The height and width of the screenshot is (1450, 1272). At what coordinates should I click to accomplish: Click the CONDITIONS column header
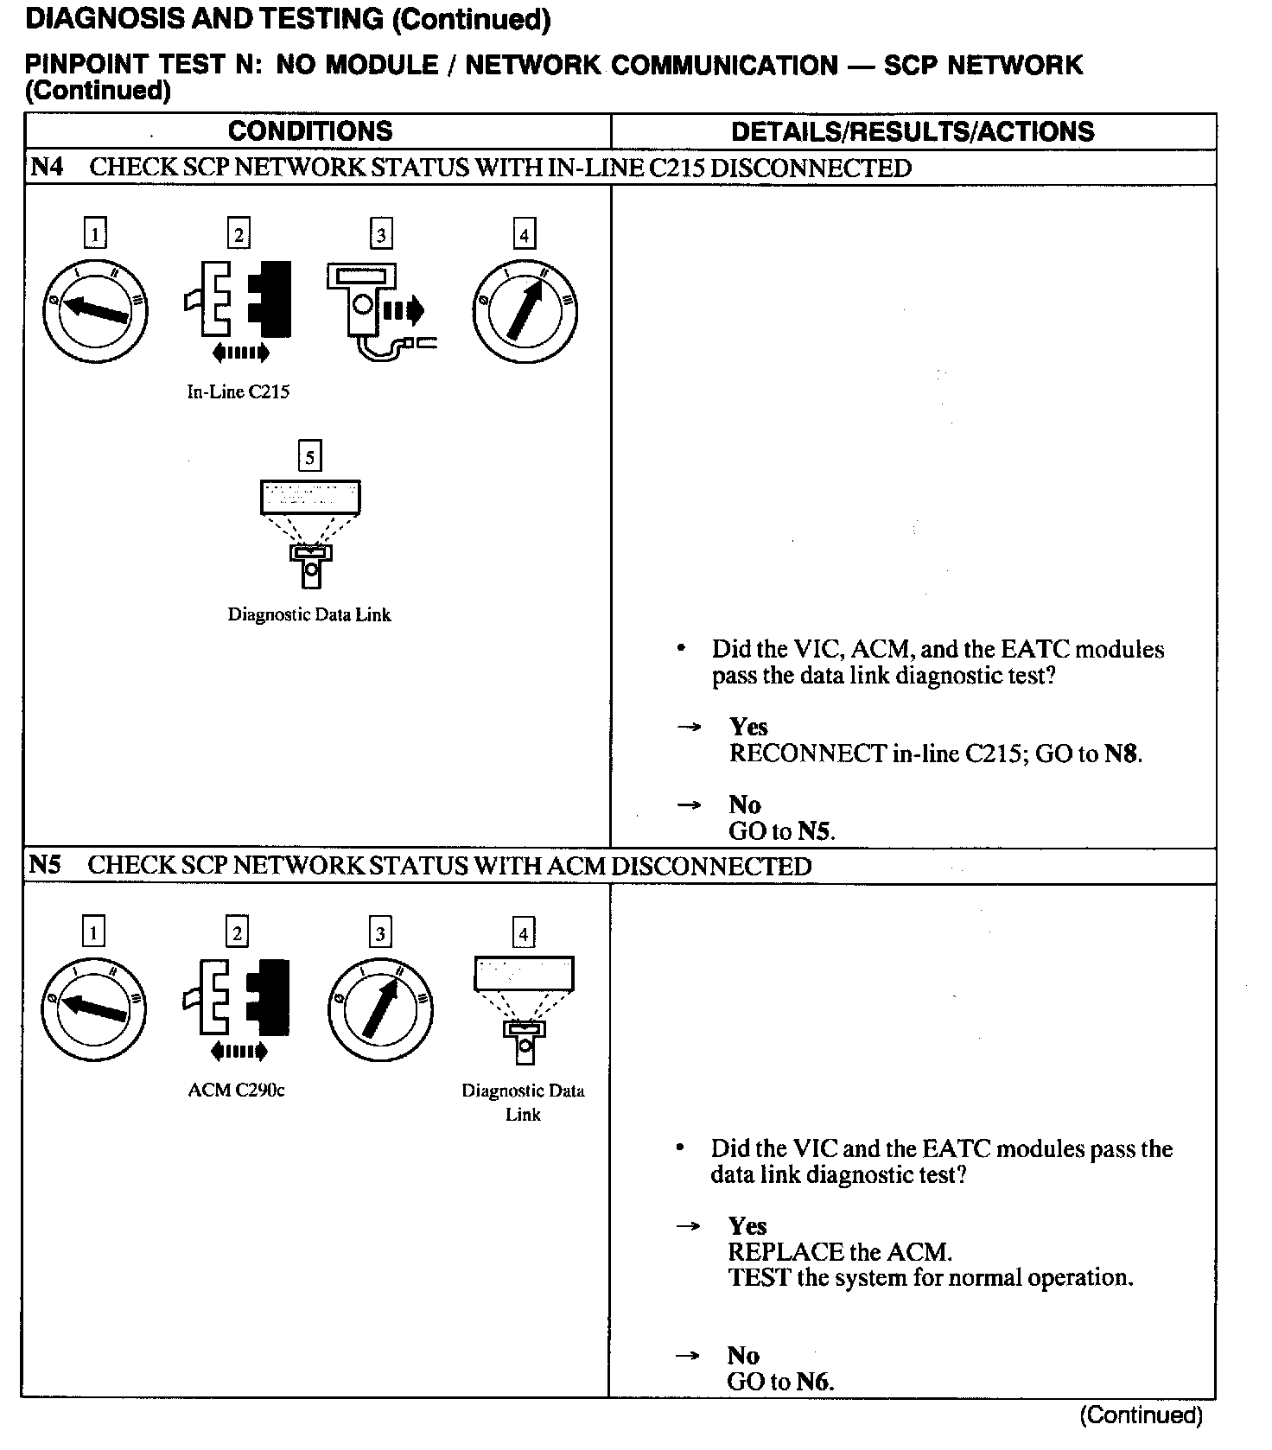(309, 131)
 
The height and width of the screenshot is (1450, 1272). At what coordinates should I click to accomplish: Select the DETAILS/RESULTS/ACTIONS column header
(912, 131)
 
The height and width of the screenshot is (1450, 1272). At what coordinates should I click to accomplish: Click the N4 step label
(47, 167)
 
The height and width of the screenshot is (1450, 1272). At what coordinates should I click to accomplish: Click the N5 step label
(46, 865)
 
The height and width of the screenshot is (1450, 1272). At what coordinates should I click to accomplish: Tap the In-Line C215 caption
(238, 391)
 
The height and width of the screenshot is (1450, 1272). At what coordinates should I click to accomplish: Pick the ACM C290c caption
(236, 1090)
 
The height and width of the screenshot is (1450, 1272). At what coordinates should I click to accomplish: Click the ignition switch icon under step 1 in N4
(95, 310)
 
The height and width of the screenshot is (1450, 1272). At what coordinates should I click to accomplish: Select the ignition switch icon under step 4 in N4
(525, 310)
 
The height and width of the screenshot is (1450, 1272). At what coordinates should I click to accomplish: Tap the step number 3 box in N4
(381, 234)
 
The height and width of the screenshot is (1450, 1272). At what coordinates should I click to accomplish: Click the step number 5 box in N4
(309, 457)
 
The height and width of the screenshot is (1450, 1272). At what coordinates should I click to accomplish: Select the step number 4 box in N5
(524, 933)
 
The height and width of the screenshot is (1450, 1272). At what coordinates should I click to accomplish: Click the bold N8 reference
(1121, 754)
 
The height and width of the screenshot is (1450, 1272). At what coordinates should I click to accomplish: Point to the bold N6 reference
(813, 1382)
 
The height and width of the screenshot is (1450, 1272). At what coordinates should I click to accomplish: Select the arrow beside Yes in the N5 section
(688, 1226)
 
